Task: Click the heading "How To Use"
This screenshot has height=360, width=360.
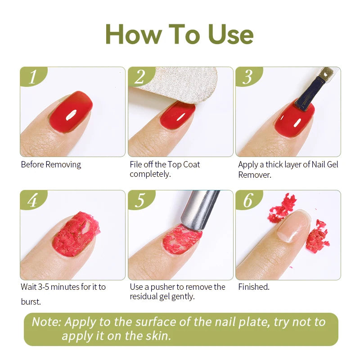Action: tap(180, 34)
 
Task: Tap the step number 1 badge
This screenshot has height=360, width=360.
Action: tap(32, 77)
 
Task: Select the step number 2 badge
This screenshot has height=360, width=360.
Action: tap(140, 77)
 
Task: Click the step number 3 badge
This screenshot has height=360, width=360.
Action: tap(247, 77)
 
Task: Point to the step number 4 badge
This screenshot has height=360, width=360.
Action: tap(32, 200)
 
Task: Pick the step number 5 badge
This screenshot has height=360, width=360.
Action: tap(140, 200)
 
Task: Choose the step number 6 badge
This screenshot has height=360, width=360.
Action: tap(247, 200)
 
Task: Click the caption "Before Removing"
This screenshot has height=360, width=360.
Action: tap(51, 165)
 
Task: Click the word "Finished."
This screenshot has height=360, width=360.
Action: tap(254, 287)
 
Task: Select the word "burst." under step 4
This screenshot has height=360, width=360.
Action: tap(31, 302)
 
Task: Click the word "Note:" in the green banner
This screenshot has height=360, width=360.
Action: tap(47, 322)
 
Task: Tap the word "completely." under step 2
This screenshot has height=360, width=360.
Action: tap(150, 174)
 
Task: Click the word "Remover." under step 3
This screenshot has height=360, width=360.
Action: tap(255, 175)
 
